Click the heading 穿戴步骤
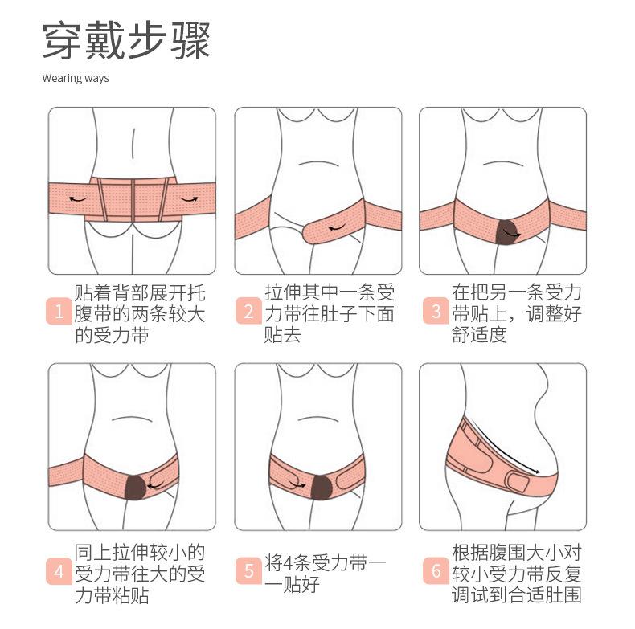(x=126, y=41)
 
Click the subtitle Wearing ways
(x=75, y=79)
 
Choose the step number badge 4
(x=59, y=572)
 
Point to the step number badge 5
(x=248, y=572)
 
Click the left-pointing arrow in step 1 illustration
(x=78, y=197)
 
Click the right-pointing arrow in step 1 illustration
(x=189, y=197)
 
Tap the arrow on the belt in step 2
(x=335, y=228)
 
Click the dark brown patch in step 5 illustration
(x=322, y=484)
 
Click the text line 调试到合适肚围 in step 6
(x=516, y=594)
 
